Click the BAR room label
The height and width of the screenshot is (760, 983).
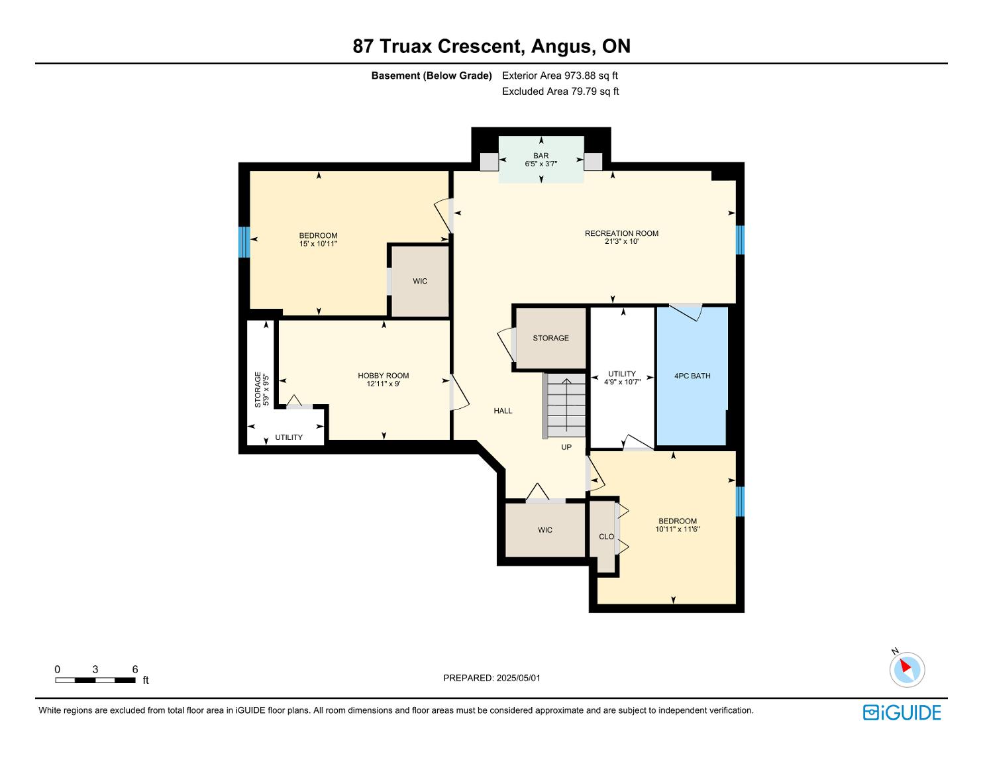[x=541, y=156]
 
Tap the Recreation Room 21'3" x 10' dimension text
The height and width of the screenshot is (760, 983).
[x=621, y=242]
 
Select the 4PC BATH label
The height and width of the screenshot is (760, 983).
[x=692, y=376]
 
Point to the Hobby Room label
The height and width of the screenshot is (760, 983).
[x=383, y=376]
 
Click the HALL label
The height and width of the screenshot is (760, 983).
[x=503, y=411]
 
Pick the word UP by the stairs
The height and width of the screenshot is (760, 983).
[x=566, y=447]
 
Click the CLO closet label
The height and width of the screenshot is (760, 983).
[x=606, y=537]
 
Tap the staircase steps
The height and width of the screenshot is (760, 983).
[x=566, y=406]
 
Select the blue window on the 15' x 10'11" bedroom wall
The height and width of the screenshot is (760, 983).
[x=244, y=242]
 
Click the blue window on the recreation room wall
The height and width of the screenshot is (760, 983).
[x=740, y=240]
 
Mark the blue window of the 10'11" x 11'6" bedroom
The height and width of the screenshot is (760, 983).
[x=740, y=501]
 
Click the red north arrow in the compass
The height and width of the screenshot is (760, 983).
[x=905, y=666]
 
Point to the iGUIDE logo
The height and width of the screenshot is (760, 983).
[x=902, y=712]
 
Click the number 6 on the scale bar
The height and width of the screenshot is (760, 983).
[x=135, y=669]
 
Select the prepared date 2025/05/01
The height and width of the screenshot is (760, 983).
[x=519, y=678]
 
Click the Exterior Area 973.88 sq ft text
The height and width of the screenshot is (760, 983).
[x=560, y=76]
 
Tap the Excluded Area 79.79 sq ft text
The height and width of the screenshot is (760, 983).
[x=560, y=91]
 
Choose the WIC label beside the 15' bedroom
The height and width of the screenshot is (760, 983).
[x=420, y=281]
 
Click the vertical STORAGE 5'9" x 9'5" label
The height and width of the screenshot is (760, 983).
[x=262, y=390]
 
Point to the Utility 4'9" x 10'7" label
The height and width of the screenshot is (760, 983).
[x=622, y=377]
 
